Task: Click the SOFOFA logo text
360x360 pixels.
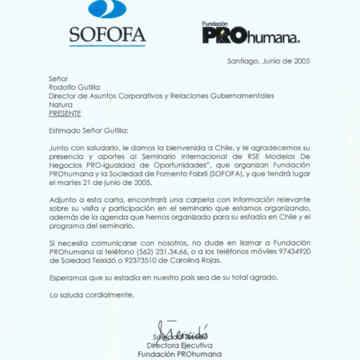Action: tap(107, 35)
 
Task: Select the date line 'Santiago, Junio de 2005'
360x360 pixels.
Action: tap(269, 62)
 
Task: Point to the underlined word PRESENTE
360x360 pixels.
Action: tap(65, 113)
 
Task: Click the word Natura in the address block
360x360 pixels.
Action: tap(60, 104)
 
